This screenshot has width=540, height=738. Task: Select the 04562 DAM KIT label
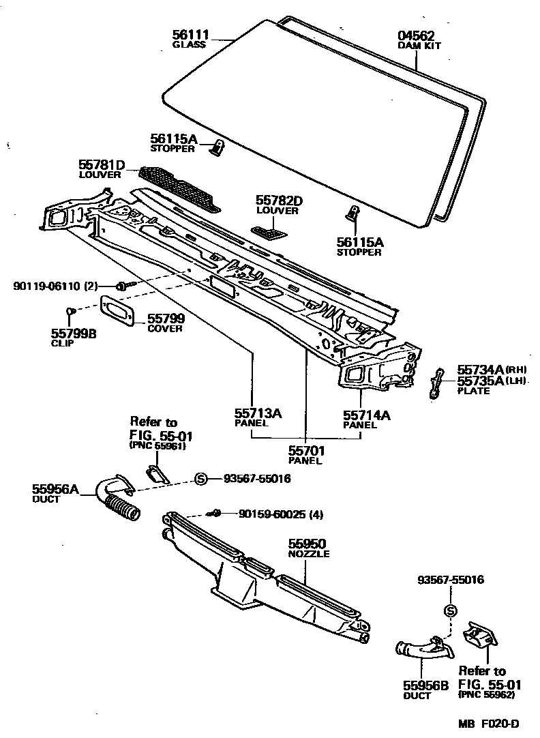coord(416,36)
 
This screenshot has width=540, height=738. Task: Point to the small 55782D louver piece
coord(269,233)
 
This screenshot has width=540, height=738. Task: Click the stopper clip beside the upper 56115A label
coord(218,147)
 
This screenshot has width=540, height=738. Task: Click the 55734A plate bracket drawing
coord(436,383)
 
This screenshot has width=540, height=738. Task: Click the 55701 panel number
coord(306,450)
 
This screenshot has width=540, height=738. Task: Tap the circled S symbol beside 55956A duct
coord(201,479)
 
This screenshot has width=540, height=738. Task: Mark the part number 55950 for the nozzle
coord(307,544)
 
